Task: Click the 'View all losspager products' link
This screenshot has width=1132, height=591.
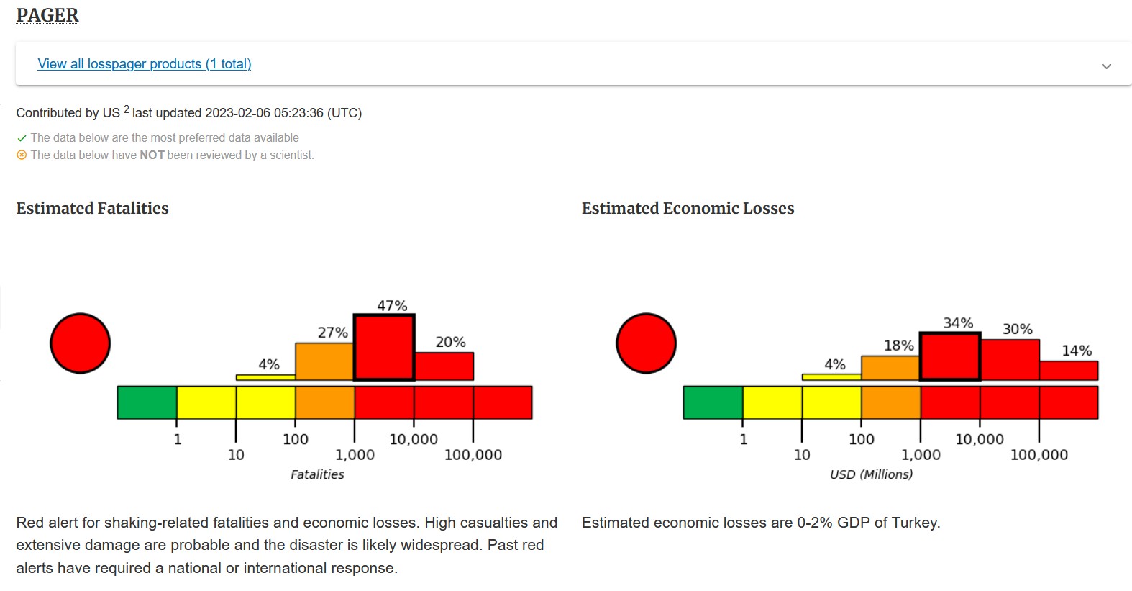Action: pyautogui.click(x=144, y=64)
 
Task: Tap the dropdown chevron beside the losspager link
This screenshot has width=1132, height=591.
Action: pyautogui.click(x=1106, y=66)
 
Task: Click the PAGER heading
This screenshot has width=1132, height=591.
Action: pyautogui.click(x=47, y=15)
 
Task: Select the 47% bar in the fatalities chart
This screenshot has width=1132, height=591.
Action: pyautogui.click(x=384, y=347)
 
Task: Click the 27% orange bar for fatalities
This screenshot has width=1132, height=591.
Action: pyautogui.click(x=324, y=361)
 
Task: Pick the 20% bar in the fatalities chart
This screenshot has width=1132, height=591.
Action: pyautogui.click(x=444, y=366)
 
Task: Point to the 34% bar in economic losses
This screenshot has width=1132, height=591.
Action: pyautogui.click(x=950, y=356)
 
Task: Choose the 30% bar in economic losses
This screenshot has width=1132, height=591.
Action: pyautogui.click(x=1010, y=359)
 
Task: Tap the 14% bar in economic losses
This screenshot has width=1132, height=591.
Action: pyautogui.click(x=1069, y=370)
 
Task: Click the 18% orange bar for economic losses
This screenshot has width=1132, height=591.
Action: pyautogui.click(x=890, y=368)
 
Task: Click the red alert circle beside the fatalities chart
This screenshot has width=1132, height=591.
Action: pyautogui.click(x=81, y=343)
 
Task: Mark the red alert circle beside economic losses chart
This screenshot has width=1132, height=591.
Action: pyautogui.click(x=647, y=343)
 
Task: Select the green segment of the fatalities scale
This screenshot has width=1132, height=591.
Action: pyautogui.click(x=147, y=402)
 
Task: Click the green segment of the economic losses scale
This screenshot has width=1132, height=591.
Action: pyautogui.click(x=713, y=402)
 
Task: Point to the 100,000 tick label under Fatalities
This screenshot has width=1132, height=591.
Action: pyautogui.click(x=473, y=455)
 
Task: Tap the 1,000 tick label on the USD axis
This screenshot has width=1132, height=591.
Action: pyautogui.click(x=921, y=455)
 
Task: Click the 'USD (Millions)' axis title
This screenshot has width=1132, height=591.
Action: pyautogui.click(x=871, y=474)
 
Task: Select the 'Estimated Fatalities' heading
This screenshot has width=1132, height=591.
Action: pyautogui.click(x=92, y=208)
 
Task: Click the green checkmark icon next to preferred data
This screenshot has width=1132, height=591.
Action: pyautogui.click(x=22, y=138)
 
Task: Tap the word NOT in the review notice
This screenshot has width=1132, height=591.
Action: pyautogui.click(x=152, y=155)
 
